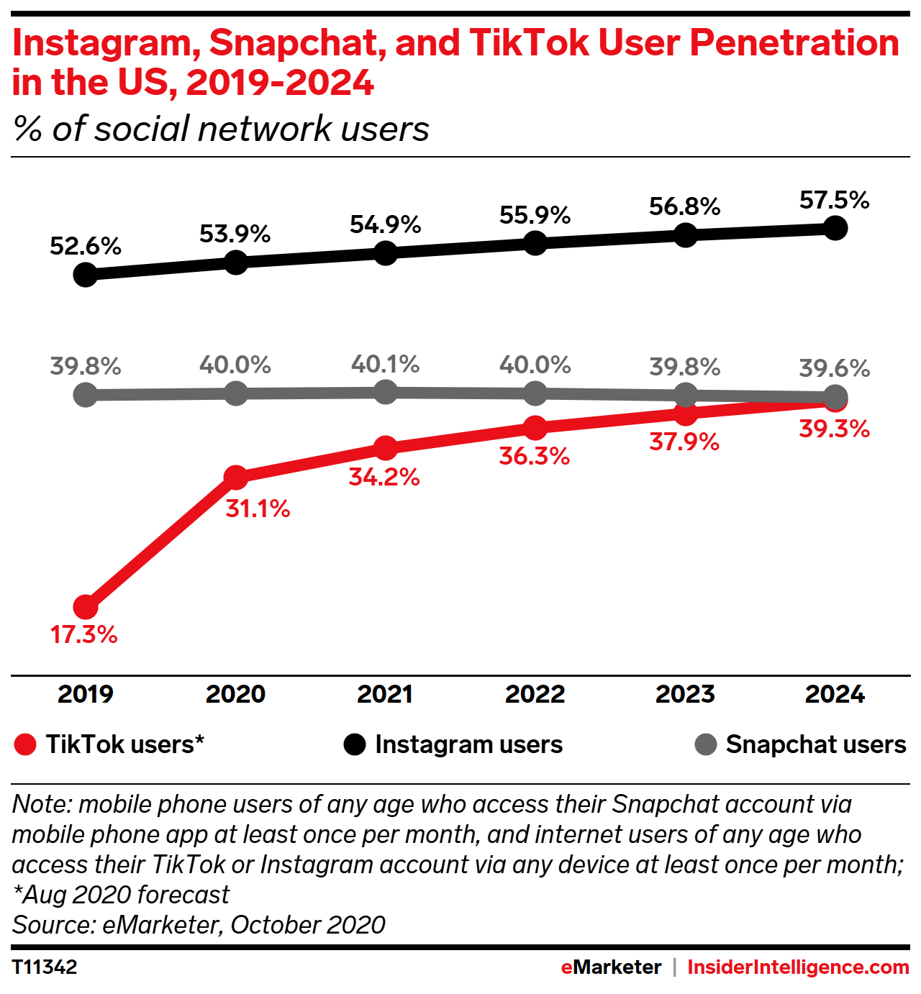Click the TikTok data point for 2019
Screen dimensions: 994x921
[x=86, y=607]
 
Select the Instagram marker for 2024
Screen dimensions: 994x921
[x=835, y=228]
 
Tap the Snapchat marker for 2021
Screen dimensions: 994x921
[x=386, y=392]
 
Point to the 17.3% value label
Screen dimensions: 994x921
[x=84, y=634]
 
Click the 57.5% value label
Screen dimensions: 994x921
[x=834, y=200]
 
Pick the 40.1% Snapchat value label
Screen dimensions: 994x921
[x=385, y=364]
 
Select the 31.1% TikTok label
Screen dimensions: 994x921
[x=258, y=509]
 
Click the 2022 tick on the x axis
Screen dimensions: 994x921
[x=535, y=694]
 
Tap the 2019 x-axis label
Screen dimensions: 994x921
[x=86, y=694]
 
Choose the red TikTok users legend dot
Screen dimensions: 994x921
[x=25, y=744]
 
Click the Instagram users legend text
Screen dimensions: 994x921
[x=468, y=744]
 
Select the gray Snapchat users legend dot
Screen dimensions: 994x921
[x=706, y=744]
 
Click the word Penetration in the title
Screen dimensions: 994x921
[x=794, y=43]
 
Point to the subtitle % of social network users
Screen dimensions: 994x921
[x=221, y=129]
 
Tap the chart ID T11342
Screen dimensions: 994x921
[x=45, y=967]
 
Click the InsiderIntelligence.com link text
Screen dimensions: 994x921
[x=798, y=967]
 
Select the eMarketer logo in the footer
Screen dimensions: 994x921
[x=611, y=967]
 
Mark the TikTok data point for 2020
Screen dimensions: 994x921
[x=236, y=476]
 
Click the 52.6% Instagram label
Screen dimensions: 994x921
[x=86, y=246]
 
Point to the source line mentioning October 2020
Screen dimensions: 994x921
[x=199, y=924]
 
